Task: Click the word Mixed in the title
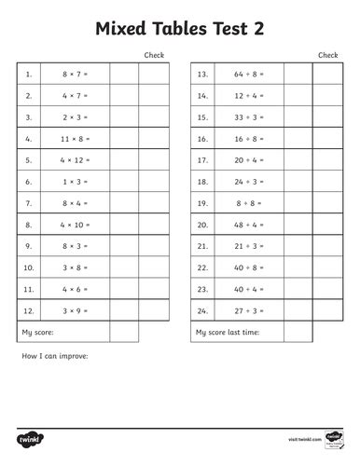click(x=122, y=29)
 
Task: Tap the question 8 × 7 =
click(x=75, y=74)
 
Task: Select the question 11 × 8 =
click(x=75, y=138)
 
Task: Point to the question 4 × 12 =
click(x=75, y=159)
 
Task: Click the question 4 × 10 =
click(x=75, y=225)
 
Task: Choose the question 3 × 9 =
click(x=75, y=310)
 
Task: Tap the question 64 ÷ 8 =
click(x=249, y=74)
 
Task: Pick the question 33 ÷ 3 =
click(x=249, y=116)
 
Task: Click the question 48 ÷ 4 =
click(x=249, y=225)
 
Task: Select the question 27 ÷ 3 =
click(x=249, y=310)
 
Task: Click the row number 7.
click(x=29, y=202)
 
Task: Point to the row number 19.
click(x=202, y=202)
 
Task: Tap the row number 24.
click(x=202, y=310)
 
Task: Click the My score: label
click(x=36, y=332)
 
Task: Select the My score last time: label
click(x=228, y=332)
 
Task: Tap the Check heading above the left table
click(x=154, y=55)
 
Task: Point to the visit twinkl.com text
click(x=304, y=437)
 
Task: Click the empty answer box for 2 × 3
click(x=124, y=116)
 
